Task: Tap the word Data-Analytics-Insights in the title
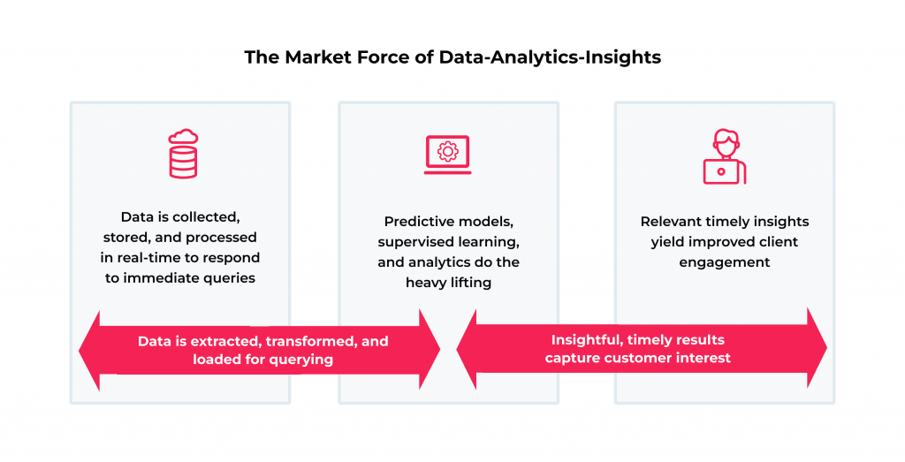(x=550, y=58)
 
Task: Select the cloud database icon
(x=183, y=153)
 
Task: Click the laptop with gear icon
(x=447, y=155)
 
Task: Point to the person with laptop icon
(x=725, y=156)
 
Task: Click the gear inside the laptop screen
(x=447, y=151)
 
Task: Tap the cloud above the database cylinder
(x=183, y=136)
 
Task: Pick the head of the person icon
(x=725, y=142)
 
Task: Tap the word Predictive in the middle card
(x=415, y=222)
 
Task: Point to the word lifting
(x=471, y=283)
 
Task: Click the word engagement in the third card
(x=725, y=262)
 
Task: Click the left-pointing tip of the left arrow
(x=80, y=351)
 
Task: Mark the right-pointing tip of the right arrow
(x=826, y=348)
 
